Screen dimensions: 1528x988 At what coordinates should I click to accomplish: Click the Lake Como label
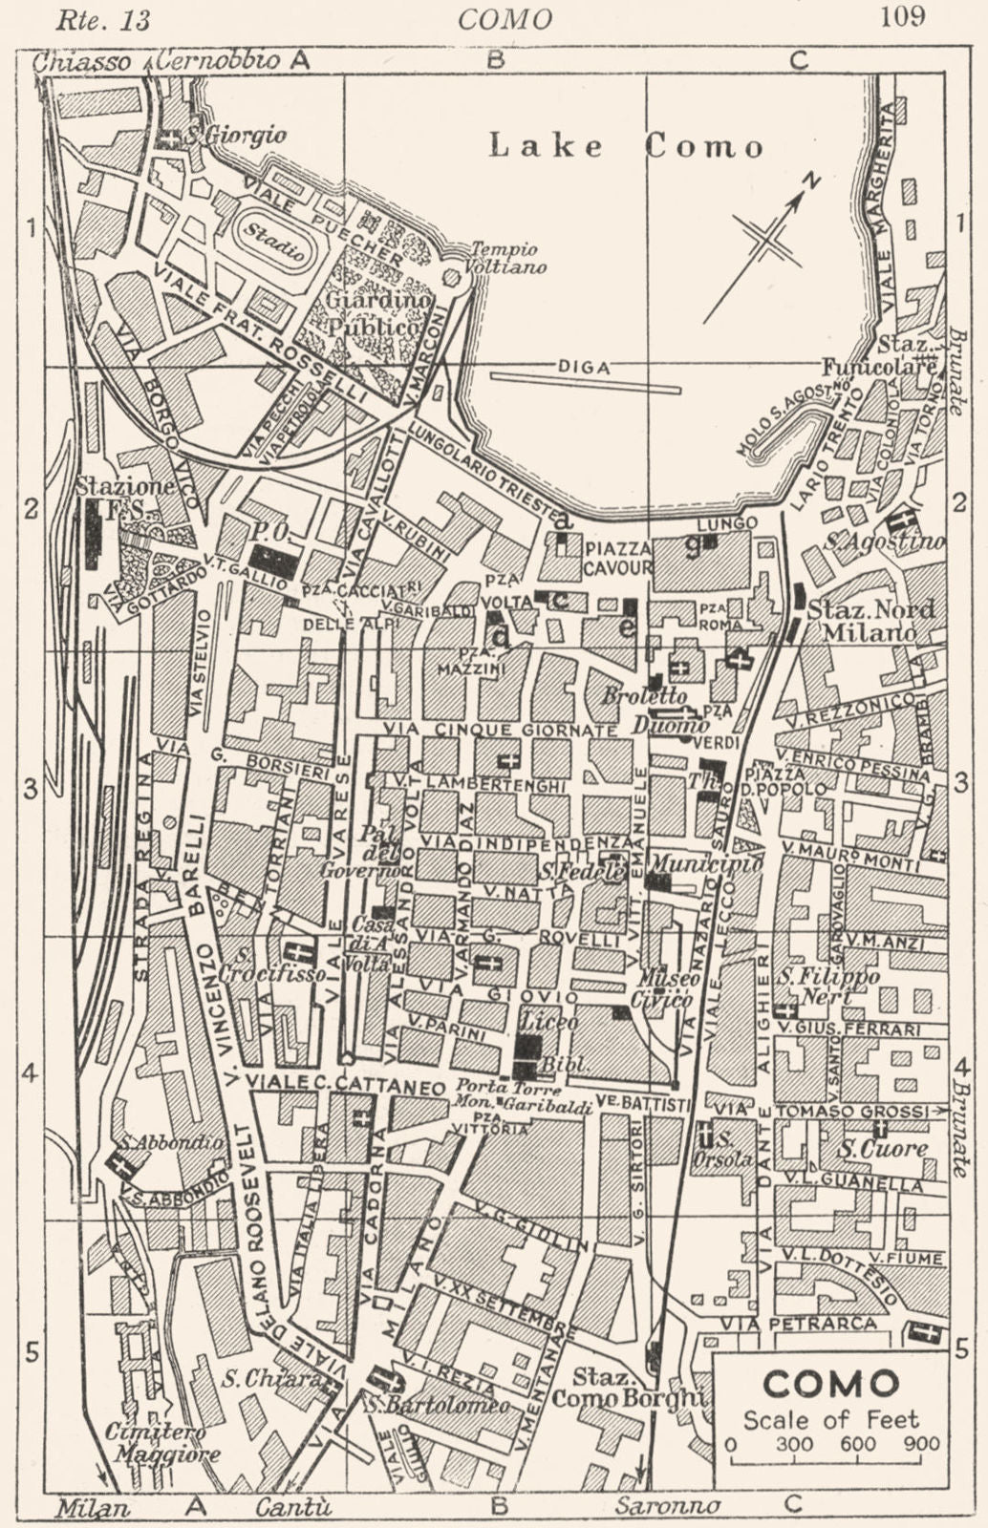click(x=627, y=146)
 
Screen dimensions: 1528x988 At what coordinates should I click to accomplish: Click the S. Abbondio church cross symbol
click(x=122, y=1164)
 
